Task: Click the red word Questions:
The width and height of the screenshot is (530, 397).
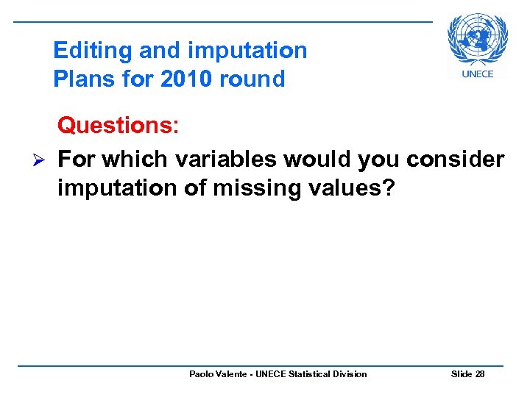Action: (118, 126)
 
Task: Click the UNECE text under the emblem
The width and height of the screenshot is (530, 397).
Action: (478, 74)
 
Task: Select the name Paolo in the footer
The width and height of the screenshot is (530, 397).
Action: (201, 374)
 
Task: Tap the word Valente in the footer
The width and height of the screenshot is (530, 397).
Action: (232, 374)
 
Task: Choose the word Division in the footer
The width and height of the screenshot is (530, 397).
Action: (350, 374)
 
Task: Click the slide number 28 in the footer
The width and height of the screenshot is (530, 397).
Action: (480, 374)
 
